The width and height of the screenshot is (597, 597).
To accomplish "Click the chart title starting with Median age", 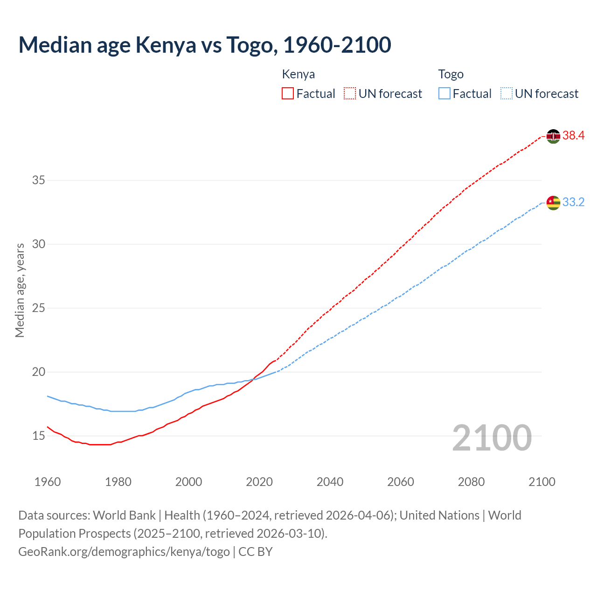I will click(x=204, y=45).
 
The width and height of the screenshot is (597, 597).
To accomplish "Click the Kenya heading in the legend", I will click(x=298, y=74).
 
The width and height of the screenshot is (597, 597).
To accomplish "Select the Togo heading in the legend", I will click(x=451, y=74).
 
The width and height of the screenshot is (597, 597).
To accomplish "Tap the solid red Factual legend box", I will click(x=288, y=93).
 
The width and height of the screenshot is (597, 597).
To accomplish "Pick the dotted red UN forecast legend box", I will click(x=350, y=93).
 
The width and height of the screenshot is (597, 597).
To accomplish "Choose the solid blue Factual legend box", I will click(x=444, y=93).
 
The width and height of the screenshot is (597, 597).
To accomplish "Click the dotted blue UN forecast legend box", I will click(x=506, y=93).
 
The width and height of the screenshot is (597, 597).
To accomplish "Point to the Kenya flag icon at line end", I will click(x=553, y=136).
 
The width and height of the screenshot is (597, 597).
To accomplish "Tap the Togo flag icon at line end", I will click(x=553, y=203).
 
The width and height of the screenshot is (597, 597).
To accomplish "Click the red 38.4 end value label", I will click(x=573, y=136).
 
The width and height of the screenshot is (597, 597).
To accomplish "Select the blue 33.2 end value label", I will click(x=573, y=202).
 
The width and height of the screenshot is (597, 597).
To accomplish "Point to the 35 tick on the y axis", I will click(x=38, y=180).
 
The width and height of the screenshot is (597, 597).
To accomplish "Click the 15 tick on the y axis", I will click(x=38, y=436).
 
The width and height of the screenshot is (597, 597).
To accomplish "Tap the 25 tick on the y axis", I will click(x=38, y=308).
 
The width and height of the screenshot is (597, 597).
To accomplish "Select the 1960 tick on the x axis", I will click(x=48, y=482).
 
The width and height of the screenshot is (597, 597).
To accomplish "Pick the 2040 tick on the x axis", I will click(x=330, y=482).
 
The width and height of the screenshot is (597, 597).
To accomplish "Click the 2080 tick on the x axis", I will click(x=471, y=482).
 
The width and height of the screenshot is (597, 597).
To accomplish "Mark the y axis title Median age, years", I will click(x=20, y=290).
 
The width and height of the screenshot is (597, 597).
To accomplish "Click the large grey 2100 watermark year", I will click(x=492, y=438).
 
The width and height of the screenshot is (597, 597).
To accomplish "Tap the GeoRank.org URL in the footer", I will click(x=124, y=552).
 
